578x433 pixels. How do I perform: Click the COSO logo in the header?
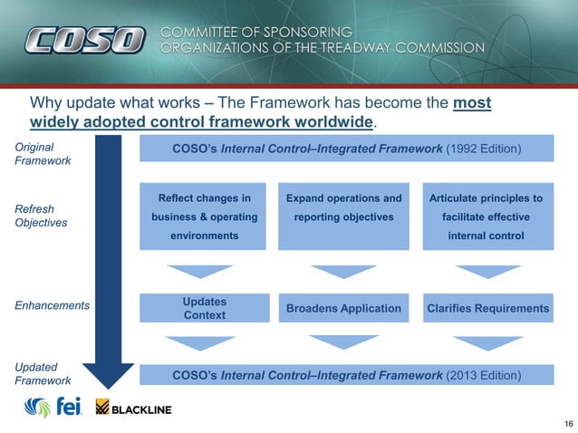84,40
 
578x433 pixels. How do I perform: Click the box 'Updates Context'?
205,308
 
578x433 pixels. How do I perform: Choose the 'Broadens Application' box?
343,309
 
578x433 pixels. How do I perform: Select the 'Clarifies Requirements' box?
488,309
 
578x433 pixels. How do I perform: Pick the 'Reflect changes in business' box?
205,217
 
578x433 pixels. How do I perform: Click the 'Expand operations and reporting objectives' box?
343,217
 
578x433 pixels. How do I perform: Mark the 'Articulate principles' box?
488,217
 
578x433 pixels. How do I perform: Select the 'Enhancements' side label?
51,306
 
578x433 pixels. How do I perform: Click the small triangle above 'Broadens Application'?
343,271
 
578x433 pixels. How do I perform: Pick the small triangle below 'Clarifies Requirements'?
488,342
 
